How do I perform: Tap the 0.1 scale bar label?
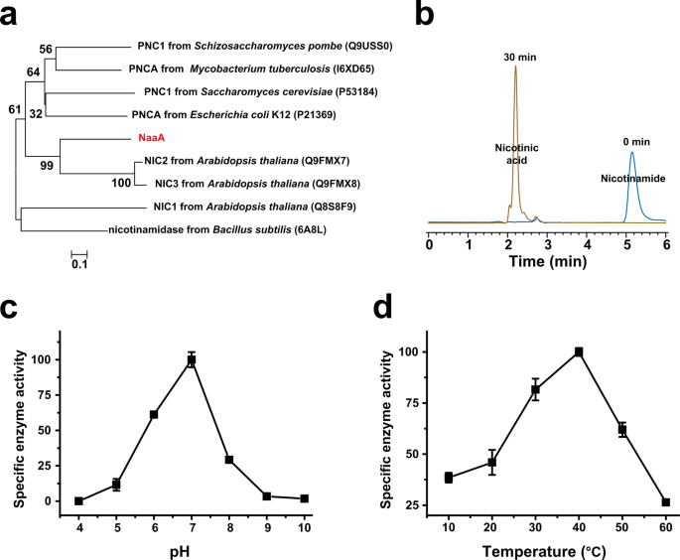[77, 264]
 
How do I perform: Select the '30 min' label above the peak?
[516, 57]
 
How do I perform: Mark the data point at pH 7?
[192, 360]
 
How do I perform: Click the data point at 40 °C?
[579, 352]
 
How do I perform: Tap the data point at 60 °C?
[665, 502]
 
